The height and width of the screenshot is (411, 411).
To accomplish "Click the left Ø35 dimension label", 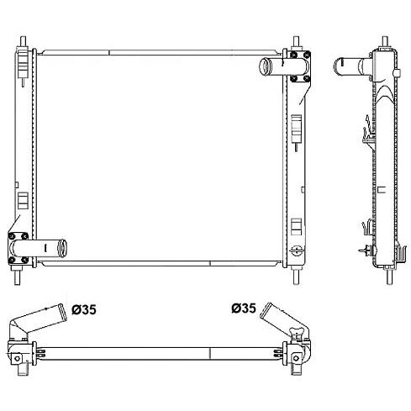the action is [84, 309].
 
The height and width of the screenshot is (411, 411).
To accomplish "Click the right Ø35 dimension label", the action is [244, 308].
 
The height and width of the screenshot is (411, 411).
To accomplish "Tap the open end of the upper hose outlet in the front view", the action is [265, 66].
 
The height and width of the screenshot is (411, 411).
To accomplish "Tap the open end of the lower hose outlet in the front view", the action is [62, 248].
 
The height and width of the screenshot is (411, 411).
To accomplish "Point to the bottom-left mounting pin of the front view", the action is [18, 277].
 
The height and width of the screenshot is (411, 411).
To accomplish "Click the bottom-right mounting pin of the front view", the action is [297, 277].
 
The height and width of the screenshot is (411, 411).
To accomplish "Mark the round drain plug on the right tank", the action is [297, 250].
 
